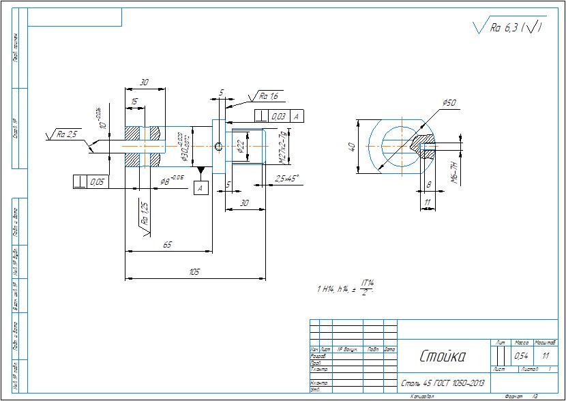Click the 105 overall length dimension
194,272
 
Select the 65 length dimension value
167,244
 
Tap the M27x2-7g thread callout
282,146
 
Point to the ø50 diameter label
449,103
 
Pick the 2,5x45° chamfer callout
286,179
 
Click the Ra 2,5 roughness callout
67,134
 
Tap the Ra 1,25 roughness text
144,213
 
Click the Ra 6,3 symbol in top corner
508,28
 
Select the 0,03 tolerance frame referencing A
279,117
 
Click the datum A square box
200,188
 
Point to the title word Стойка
442,356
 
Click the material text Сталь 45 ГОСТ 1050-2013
443,383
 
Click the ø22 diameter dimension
241,146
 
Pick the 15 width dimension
135,102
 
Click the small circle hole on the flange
218,146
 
